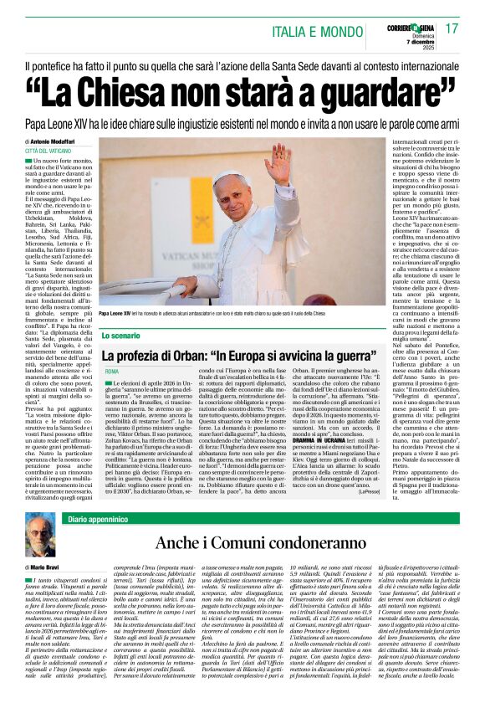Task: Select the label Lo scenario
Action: tap(122, 334)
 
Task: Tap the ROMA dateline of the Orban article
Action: tap(112, 371)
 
